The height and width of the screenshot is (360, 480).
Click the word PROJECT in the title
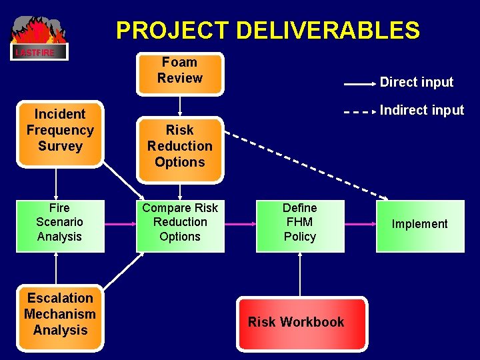171,31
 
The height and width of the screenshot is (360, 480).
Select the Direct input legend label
416,83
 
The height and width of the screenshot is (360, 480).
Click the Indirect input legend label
421,111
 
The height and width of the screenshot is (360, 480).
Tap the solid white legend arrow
360,85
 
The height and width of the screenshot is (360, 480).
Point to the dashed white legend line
360,112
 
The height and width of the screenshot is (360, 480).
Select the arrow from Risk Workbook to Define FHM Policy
300,275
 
